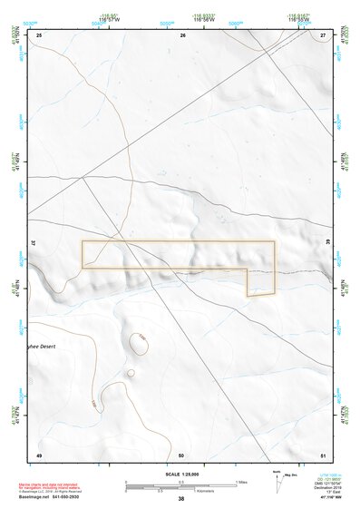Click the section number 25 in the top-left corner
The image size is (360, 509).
click(39, 35)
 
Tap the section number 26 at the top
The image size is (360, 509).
click(183, 35)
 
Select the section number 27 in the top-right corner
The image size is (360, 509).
click(323, 35)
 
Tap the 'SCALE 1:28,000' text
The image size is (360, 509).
click(180, 475)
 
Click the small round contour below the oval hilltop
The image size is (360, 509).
click(131, 372)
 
